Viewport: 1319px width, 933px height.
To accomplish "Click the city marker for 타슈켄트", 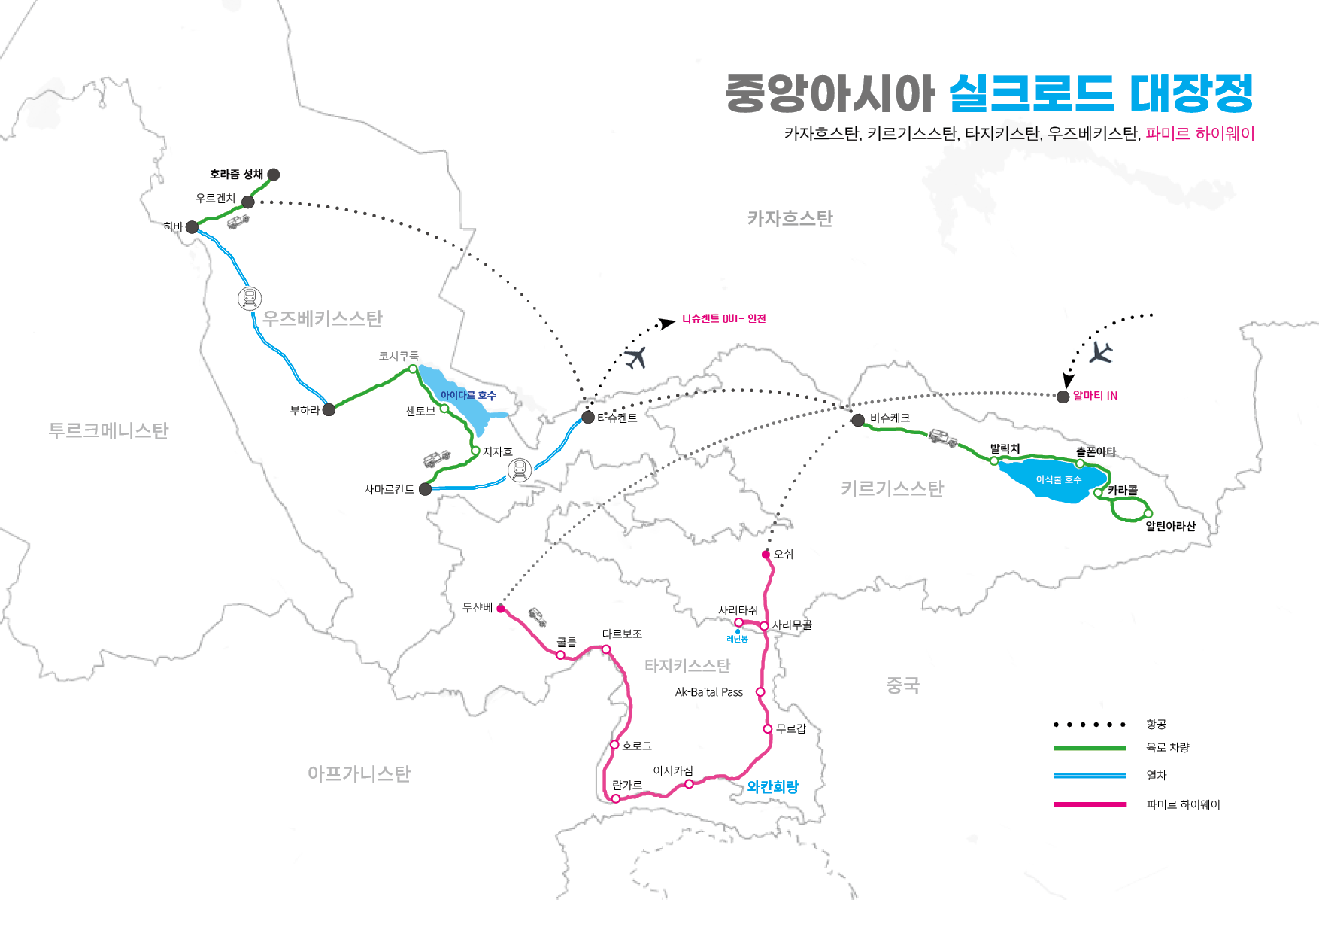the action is (588, 417).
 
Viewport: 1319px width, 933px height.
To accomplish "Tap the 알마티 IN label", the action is (1095, 396).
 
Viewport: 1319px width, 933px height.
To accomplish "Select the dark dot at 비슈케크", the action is (858, 420).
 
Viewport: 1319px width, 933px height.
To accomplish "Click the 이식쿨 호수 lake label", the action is (1058, 479).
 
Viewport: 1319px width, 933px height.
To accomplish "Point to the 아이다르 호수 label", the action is (468, 395).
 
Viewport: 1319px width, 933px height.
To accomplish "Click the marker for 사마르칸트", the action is (425, 489).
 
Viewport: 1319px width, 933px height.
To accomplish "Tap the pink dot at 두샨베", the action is (501, 609).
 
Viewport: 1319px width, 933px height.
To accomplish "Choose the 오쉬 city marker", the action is (766, 555).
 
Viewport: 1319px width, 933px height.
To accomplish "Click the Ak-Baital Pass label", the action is (708, 692).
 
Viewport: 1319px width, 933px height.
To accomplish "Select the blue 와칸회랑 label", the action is (772, 787).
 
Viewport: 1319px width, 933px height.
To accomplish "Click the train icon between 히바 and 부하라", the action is (250, 299).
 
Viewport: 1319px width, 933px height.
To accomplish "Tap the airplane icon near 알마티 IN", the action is (1101, 352).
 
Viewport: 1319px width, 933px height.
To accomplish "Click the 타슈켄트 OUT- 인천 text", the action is (723, 319).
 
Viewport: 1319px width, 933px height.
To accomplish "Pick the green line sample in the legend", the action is (1090, 748).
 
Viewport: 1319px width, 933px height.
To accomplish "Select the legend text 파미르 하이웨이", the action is (1182, 805).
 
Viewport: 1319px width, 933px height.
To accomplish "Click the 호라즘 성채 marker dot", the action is (274, 175).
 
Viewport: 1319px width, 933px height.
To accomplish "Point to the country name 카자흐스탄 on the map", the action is (790, 219).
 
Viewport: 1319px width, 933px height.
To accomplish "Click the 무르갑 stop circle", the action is (767, 728).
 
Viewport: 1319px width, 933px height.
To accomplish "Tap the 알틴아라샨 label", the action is (1170, 527).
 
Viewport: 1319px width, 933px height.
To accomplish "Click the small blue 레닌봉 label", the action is (737, 639).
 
